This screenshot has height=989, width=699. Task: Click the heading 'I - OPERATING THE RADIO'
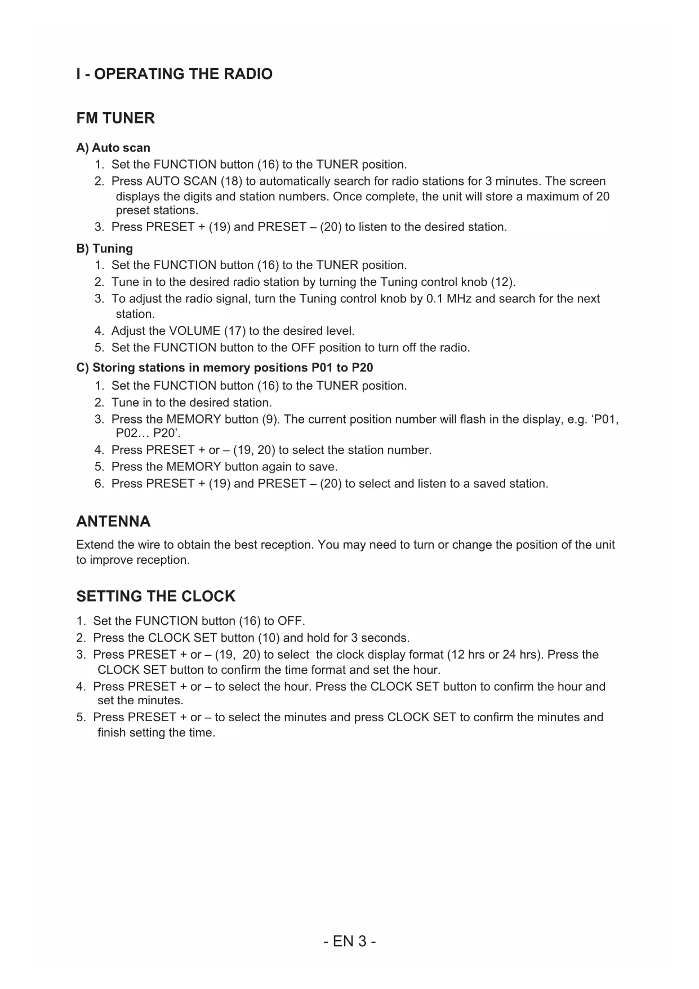tap(174, 74)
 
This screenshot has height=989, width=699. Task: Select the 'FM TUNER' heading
tap(115, 118)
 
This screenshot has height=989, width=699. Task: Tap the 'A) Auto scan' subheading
tap(113, 148)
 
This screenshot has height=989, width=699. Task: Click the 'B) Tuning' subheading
tap(105, 249)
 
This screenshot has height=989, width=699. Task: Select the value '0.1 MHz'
tap(449, 299)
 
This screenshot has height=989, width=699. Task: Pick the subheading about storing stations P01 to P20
tap(225, 368)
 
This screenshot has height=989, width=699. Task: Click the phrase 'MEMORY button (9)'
tap(220, 420)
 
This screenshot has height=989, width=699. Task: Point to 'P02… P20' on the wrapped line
tap(148, 434)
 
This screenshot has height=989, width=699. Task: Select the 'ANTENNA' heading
tap(113, 522)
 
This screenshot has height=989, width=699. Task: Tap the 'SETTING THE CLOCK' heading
tap(155, 597)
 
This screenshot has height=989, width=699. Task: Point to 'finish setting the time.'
tap(157, 733)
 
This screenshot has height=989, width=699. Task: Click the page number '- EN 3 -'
tap(350, 942)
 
